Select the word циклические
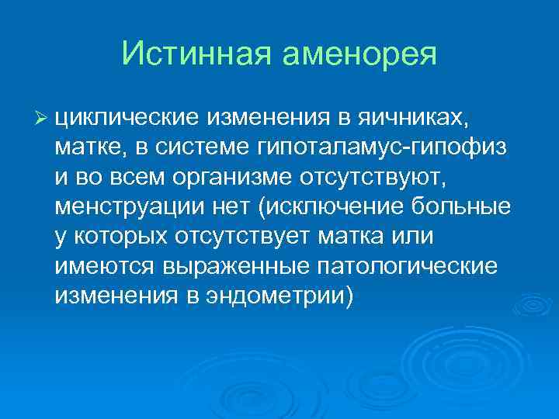128,116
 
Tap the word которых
113,237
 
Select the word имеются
105,267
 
